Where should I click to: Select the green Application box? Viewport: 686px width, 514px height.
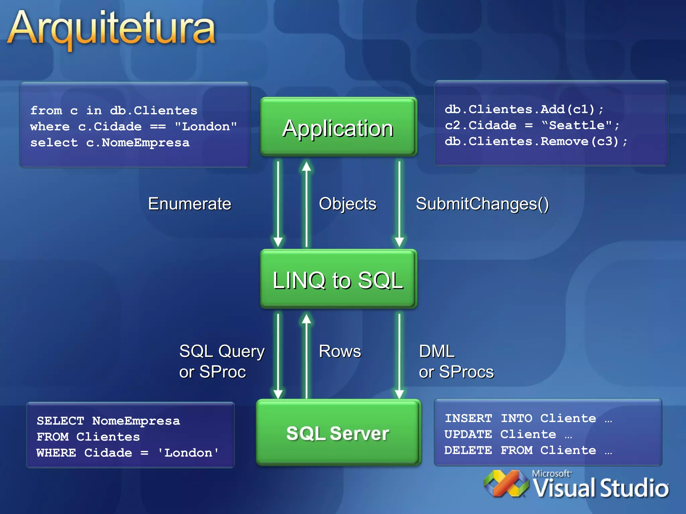(338, 127)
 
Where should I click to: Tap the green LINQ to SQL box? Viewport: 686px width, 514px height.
(338, 279)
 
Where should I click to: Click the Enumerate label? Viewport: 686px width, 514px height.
(190, 204)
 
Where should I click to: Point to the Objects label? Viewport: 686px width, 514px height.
(347, 204)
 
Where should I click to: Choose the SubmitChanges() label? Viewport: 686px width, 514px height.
(482, 204)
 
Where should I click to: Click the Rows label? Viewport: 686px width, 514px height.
(340, 351)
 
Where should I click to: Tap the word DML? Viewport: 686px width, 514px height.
(436, 351)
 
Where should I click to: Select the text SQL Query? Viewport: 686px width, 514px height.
(222, 351)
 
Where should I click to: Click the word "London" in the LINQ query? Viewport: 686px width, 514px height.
(206, 126)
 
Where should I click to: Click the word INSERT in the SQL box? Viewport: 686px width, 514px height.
(468, 418)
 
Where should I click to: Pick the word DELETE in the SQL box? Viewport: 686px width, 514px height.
(468, 450)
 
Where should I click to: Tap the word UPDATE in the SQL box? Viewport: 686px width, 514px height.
(468, 434)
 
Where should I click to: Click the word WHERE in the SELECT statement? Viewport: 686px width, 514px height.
(56, 453)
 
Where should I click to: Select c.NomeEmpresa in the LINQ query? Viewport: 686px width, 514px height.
(138, 143)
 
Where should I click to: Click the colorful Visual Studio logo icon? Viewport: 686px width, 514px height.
(506, 484)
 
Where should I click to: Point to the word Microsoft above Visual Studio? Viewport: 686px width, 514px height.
(551, 474)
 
